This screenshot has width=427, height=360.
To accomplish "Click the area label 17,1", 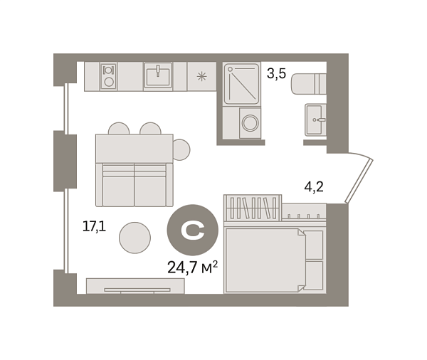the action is pyautogui.click(x=94, y=226).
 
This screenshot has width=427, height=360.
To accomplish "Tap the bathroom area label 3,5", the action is pyautogui.click(x=276, y=73).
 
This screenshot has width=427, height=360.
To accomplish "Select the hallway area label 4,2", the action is pyautogui.click(x=314, y=187).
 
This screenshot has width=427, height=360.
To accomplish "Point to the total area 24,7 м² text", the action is pyautogui.click(x=192, y=267).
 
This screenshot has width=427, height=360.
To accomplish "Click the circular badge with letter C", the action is pyautogui.click(x=193, y=230).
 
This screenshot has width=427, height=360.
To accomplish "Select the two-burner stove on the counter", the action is pyautogui.click(x=109, y=76).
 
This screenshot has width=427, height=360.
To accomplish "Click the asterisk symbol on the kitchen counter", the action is pyautogui.click(x=202, y=77).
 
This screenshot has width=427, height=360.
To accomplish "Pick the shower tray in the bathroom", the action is pyautogui.click(x=241, y=84).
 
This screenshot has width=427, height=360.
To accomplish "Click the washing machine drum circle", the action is pyautogui.click(x=250, y=123).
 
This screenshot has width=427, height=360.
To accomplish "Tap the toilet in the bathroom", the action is pyautogui.click(x=309, y=84).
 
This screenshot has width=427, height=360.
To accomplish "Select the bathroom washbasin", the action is pyautogui.click(x=315, y=120).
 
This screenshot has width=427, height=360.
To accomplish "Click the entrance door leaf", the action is pyautogui.click(x=359, y=181).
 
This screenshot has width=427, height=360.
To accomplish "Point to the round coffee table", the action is pyautogui.click(x=135, y=238).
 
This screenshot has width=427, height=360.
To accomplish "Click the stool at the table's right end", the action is pyautogui.click(x=181, y=150).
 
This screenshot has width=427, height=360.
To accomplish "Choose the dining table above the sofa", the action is pyautogui.click(x=135, y=149).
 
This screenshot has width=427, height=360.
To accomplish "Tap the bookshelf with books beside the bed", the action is pyautogui.click(x=253, y=208).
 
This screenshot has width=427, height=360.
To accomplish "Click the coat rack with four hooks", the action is pyautogui.click(x=304, y=211).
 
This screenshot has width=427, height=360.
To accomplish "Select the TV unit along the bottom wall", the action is pyautogui.click(x=135, y=286).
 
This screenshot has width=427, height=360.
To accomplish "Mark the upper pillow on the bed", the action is pyautogui.click(x=313, y=245).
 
